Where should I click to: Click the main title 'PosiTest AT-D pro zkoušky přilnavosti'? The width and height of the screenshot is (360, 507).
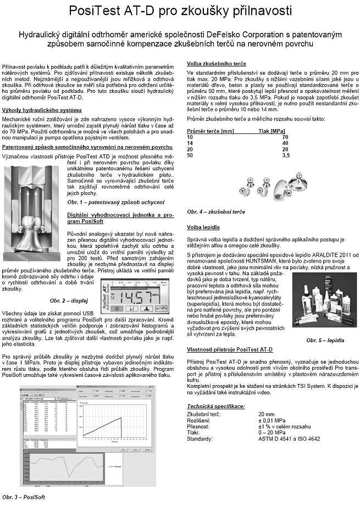pos(180,10)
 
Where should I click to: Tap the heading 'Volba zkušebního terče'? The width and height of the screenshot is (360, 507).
pos(217,64)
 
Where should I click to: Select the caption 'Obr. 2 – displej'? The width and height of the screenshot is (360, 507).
pos(68,300)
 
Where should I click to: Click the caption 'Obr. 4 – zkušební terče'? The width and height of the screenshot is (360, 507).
pos(216,211)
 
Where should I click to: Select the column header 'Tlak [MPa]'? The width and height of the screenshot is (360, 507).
pos(272,131)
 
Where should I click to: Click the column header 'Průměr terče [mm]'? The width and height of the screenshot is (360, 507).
pos(211,131)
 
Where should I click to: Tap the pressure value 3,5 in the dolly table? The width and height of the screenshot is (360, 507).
pos(285,155)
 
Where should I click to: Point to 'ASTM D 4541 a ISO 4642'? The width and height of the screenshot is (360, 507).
pos(289,439)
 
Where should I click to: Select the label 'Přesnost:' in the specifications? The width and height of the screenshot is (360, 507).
pos(200,426)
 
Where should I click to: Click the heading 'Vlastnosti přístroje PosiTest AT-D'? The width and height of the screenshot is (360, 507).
pos(230,349)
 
